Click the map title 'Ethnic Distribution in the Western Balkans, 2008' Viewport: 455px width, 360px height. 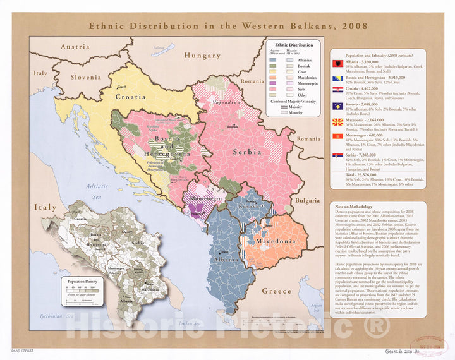point(222,27)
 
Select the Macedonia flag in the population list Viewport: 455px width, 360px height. point(339,120)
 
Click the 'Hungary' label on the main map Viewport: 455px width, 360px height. point(202,56)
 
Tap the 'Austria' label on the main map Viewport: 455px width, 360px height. point(75,47)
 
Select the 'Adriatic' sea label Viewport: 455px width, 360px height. point(97,186)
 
